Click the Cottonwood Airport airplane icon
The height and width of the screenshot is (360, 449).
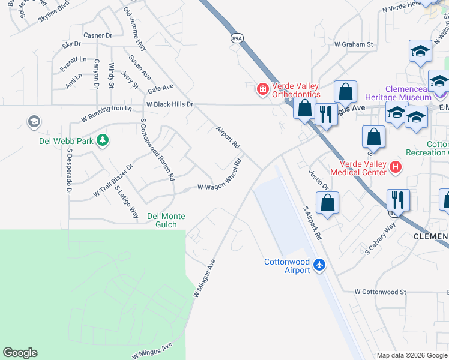pos(319,263)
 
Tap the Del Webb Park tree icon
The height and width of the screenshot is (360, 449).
pos(103,140)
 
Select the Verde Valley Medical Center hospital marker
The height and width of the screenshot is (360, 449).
pos(395,167)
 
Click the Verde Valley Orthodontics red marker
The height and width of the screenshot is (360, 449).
pos(262,89)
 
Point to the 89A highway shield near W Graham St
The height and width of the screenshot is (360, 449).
pos(237,38)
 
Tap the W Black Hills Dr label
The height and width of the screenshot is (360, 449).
pos(170,104)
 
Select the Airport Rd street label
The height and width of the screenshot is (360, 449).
pos(228,137)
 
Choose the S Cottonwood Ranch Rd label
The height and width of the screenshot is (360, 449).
pos(157,149)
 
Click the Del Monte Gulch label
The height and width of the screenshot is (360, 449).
pos(166,220)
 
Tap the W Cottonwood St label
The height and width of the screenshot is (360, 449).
pos(380,292)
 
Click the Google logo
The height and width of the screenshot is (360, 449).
pos(20,353)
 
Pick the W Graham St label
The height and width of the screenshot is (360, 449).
pos(354,44)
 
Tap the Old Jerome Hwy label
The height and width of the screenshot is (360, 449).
pos(135,29)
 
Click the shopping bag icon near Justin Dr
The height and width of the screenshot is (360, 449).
pos(327,203)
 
